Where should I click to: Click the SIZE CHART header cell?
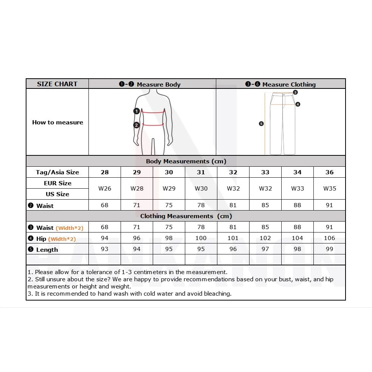57,84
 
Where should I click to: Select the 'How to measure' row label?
57,122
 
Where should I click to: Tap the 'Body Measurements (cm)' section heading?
186,161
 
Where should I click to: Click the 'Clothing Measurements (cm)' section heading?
186,216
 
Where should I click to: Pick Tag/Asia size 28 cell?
105,172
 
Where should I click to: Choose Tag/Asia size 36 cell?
330,172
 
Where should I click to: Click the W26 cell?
105,188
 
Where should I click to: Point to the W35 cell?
330,188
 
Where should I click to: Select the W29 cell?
169,188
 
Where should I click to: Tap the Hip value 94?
105,238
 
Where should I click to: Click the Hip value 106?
330,238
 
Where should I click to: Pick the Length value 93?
105,249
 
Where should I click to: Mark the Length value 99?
330,249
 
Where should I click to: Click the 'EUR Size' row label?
57,183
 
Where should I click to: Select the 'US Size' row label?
57,194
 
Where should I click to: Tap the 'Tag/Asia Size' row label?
57,172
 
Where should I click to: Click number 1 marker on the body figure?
136,111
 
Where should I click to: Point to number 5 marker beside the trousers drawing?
261,124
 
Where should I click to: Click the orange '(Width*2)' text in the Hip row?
62,239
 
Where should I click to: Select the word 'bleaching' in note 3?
217,293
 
